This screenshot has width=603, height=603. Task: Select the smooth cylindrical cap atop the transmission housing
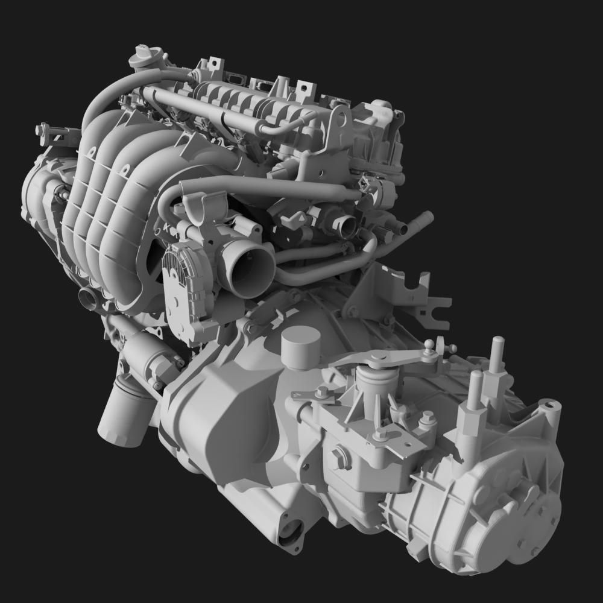tap(300, 347)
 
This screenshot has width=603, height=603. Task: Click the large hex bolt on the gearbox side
tap(338, 456)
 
